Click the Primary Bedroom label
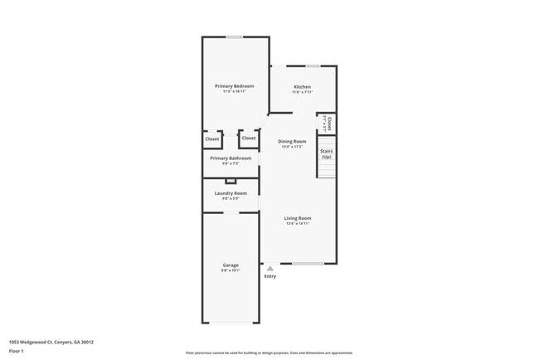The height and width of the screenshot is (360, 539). [234, 86]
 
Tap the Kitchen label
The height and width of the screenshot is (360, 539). [303, 86]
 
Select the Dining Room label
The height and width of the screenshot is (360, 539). [292, 141]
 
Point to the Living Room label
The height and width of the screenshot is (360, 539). [298, 218]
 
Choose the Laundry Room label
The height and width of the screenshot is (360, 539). [230, 193]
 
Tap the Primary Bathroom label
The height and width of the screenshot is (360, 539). [230, 158]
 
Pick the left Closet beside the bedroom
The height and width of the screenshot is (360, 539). [212, 139]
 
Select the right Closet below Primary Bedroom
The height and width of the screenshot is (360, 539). [249, 138]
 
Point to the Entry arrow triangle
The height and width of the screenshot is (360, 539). [270, 268]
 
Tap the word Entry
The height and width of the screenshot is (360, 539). [270, 276]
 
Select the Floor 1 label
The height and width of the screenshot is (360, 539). [17, 351]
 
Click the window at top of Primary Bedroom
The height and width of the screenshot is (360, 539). [235, 36]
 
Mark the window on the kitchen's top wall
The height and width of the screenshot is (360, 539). [313, 66]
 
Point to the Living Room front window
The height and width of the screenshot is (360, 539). [308, 264]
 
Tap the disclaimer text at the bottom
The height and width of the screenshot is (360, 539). [269, 353]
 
